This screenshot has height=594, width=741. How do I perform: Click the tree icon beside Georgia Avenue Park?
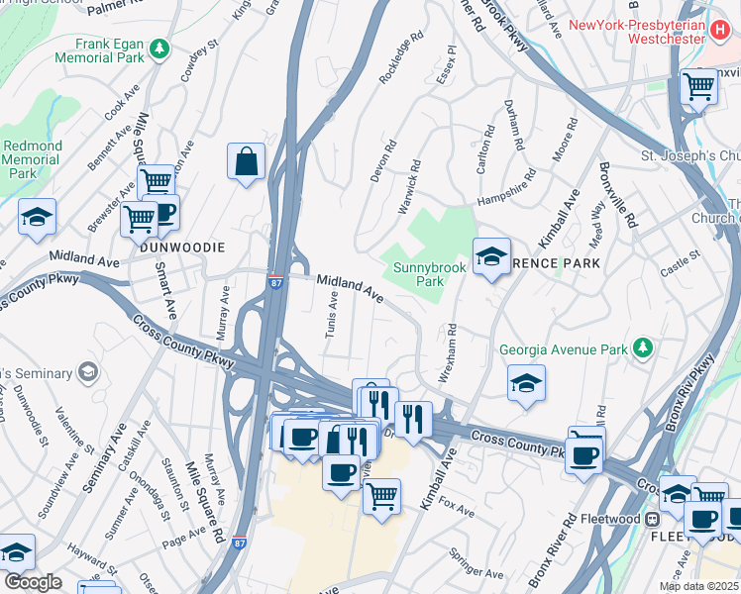644,348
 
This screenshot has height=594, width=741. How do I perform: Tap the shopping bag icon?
246,160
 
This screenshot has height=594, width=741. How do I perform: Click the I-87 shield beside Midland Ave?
276,283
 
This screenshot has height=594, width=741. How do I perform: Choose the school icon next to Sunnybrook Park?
491,257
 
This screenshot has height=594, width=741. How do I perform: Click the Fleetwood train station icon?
653,518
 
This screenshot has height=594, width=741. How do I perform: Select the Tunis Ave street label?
333,314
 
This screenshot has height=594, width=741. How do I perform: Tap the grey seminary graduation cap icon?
88,372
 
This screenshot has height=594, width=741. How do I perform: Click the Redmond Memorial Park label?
32,159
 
